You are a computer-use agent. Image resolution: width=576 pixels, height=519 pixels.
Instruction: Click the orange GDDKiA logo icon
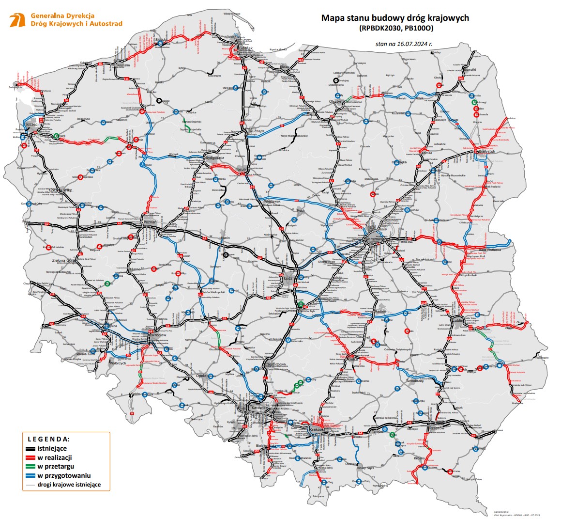(x=17, y=20)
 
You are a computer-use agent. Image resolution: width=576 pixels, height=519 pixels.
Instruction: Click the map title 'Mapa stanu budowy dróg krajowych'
(x=395, y=18)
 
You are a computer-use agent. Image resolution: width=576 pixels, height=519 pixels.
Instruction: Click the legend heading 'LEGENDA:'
(x=48, y=439)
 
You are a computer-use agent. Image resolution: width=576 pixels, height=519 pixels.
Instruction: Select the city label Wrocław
(x=159, y=335)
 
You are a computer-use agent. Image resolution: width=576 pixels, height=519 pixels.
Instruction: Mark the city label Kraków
(x=315, y=430)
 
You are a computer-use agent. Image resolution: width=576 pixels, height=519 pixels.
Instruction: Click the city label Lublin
(x=457, y=320)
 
